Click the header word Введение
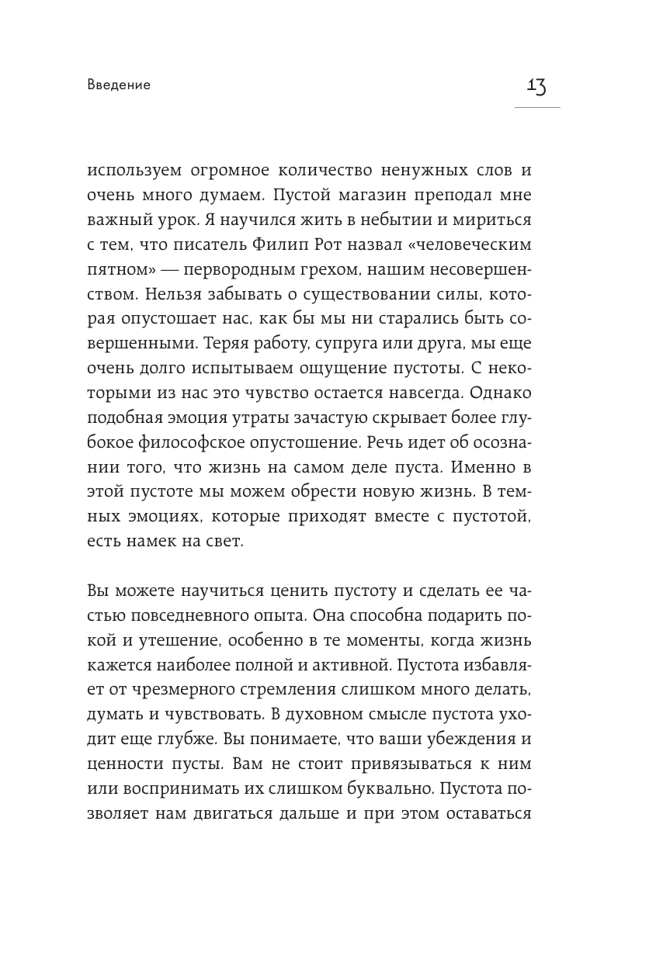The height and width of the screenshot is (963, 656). pos(119,85)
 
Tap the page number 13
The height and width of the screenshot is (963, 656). pos(536,85)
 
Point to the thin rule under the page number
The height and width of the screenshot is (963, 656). pos(536,107)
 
